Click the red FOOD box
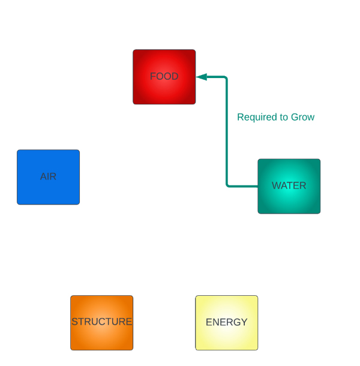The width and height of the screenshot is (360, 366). pyautogui.click(x=164, y=90)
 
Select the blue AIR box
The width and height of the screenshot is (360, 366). pyautogui.click(x=48, y=189)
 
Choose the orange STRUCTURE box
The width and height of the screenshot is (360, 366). pyautogui.click(x=101, y=336)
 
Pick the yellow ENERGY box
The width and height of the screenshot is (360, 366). pyautogui.click(x=226, y=336)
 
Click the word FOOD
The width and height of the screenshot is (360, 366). pyautogui.click(x=164, y=77)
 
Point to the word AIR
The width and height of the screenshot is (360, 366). pyautogui.click(x=48, y=177)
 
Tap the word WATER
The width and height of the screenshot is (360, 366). pyautogui.click(x=289, y=186)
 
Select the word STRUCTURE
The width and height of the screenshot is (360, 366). pyautogui.click(x=101, y=322)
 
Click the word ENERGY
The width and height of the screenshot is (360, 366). pyautogui.click(x=226, y=322)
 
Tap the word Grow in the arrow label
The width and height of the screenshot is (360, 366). pyautogui.click(x=302, y=117)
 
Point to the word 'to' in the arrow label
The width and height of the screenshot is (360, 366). pyautogui.click(x=283, y=117)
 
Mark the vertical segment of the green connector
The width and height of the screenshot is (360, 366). pyautogui.click(x=226, y=132)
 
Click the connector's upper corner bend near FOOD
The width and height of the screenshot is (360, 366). pyautogui.click(x=226, y=77)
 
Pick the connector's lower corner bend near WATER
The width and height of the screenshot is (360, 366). pyautogui.click(x=227, y=185)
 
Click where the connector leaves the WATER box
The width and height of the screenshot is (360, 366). pyautogui.click(x=257, y=186)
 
